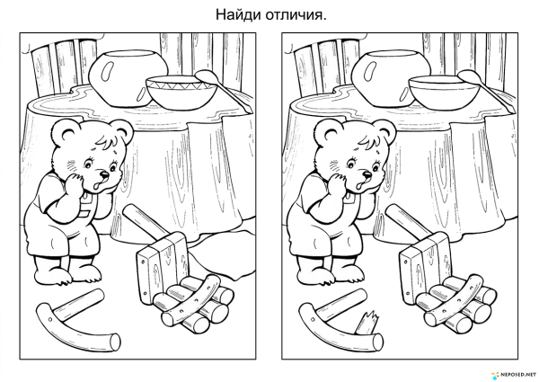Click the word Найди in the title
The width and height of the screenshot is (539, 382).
pyautogui.click(x=234, y=15)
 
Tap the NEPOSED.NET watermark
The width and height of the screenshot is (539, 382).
pyautogui.click(x=514, y=371)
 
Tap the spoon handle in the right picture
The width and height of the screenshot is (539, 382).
pyautogui.click(x=469, y=76)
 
